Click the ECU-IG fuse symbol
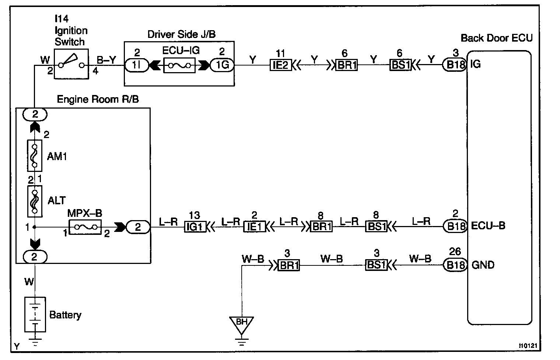179,66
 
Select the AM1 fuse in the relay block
35,155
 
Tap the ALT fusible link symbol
35,201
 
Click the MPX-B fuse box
85,227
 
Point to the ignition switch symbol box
71,64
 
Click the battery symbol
35,314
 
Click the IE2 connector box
281,65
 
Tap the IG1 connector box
195,227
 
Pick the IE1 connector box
255,227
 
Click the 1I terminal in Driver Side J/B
136,65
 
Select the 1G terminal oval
222,65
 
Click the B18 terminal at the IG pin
455,65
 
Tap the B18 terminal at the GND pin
455,265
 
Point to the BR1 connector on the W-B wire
289,265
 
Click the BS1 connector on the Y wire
400,65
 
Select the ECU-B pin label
488,226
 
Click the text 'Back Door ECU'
497,38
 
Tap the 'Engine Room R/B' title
98,99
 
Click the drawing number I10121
528,346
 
